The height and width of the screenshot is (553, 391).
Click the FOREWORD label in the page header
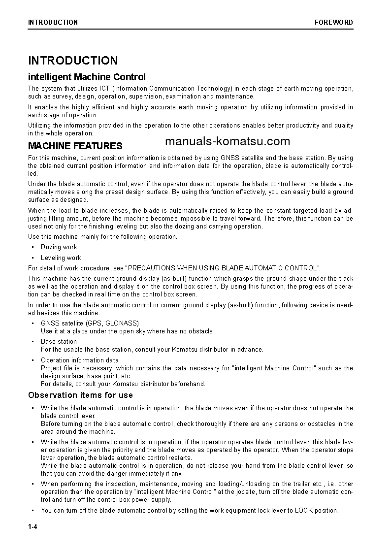pyautogui.click(x=334, y=22)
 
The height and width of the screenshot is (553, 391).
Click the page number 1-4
pyautogui.click(x=33, y=527)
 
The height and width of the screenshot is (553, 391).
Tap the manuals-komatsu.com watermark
pyautogui.click(x=228, y=142)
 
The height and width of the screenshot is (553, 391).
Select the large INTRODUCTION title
pyautogui.click(x=73, y=61)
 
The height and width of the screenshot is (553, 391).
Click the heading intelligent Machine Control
pyautogui.click(x=87, y=77)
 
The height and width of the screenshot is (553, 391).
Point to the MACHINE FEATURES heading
pyautogui.click(x=75, y=146)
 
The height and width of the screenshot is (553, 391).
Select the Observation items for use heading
pyautogui.click(x=80, y=395)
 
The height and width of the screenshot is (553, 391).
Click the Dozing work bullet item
pyautogui.click(x=59, y=247)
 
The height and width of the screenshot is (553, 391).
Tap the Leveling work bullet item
pyautogui.click(x=61, y=258)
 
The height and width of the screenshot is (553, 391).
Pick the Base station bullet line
pyautogui.click(x=59, y=341)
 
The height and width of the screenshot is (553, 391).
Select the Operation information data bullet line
pyautogui.click(x=79, y=360)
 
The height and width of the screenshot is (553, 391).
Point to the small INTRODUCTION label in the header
pyautogui.click(x=53, y=22)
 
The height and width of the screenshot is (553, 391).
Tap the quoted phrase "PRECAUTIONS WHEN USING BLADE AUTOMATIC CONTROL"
pyautogui.click(x=223, y=268)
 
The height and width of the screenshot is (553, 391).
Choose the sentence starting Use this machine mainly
pyautogui.click(x=102, y=237)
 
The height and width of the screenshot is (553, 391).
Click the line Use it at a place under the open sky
pyautogui.click(x=128, y=331)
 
